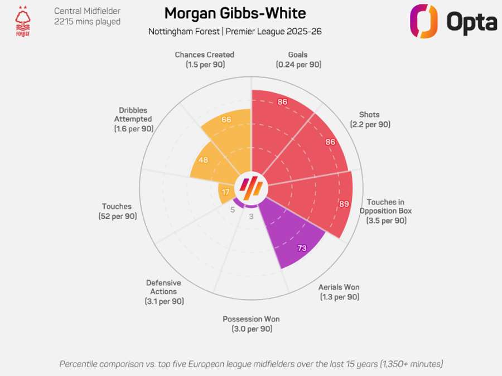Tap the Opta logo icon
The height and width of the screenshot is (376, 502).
tap(423, 21)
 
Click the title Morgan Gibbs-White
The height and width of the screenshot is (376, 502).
tap(235, 13)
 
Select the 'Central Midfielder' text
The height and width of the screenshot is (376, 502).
tap(87, 11)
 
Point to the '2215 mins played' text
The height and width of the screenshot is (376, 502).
tap(87, 22)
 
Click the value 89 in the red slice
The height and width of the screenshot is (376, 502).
tap(344, 204)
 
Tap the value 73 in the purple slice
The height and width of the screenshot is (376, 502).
tap(302, 248)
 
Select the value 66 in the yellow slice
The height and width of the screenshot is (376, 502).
tap(226, 119)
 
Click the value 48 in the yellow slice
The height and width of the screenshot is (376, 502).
tap(203, 160)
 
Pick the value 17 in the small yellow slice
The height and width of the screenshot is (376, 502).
tap(226, 192)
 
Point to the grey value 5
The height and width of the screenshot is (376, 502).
tap(233, 209)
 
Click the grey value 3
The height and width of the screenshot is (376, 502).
tap(251, 217)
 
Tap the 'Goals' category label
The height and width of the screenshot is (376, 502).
tap(298, 55)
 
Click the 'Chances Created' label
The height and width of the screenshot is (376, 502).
tap(204, 55)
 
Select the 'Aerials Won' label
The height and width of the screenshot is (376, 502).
tap(339, 287)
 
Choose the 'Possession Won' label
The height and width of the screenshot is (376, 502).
tap(251, 319)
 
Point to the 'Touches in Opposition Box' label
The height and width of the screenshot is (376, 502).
tap(385, 207)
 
